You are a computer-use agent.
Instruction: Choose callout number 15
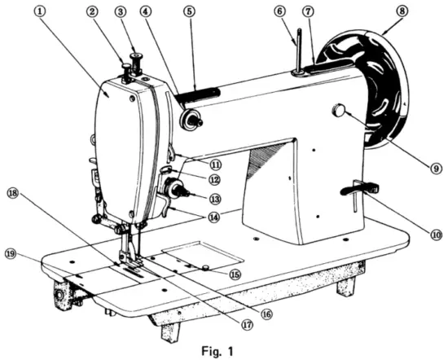coord(235,275)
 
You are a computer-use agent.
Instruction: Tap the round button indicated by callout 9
coord(338,110)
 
